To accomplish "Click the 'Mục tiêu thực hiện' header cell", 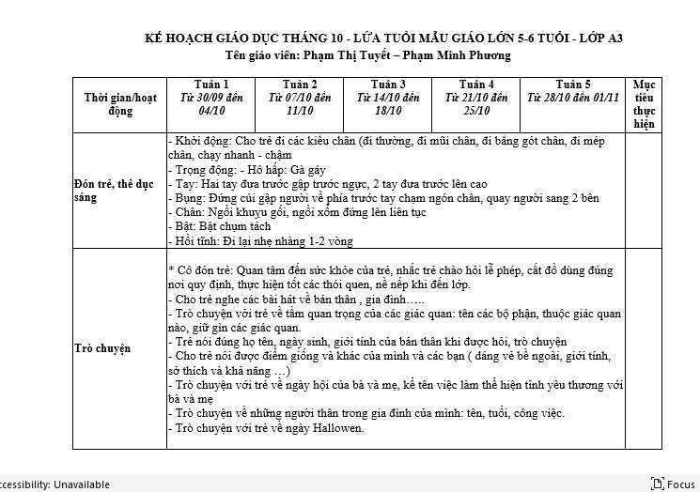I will [x=644, y=103].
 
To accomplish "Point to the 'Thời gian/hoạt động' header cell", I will [x=120, y=103].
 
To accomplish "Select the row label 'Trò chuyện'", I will [x=102, y=349].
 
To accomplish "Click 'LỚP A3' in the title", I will [x=600, y=38].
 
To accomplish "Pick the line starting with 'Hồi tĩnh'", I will [x=260, y=241].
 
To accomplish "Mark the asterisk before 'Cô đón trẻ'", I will [x=171, y=269].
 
